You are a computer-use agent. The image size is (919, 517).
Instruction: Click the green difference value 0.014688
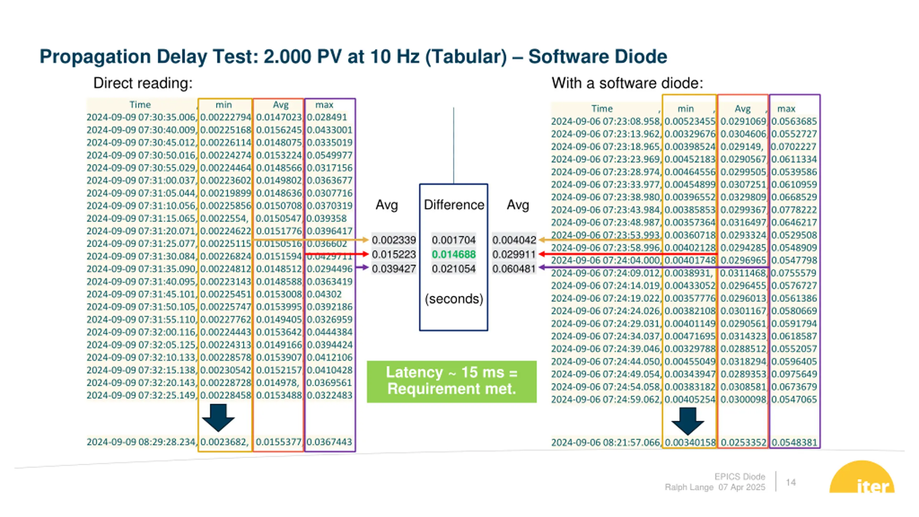tap(454, 255)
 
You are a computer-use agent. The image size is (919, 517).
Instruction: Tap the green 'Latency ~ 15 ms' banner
tap(452, 382)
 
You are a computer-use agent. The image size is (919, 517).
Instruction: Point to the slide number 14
tap(791, 482)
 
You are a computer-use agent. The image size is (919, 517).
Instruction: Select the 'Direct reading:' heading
tap(143, 83)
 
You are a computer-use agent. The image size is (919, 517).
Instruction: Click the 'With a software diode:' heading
tap(627, 83)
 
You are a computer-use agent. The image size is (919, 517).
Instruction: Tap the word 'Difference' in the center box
tap(454, 205)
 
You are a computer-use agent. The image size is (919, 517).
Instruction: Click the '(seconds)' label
tap(454, 299)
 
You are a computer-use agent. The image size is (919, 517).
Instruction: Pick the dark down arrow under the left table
tap(218, 418)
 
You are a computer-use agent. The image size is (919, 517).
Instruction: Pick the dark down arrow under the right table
tap(688, 421)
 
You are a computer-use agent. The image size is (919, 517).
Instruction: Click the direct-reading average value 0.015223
tap(394, 255)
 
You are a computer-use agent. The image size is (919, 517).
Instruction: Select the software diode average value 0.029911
tap(514, 255)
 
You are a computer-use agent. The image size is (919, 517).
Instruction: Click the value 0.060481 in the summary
tap(514, 269)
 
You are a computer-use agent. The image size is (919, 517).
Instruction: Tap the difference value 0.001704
tap(454, 240)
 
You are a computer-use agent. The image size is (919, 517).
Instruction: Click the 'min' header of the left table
tap(224, 105)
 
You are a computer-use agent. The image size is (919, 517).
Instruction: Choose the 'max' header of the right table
tap(786, 109)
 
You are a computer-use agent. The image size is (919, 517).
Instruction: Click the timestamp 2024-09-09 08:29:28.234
tap(141, 442)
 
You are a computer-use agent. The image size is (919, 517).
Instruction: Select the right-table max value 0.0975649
tap(794, 374)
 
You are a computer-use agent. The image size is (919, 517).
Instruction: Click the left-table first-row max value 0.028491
tap(327, 117)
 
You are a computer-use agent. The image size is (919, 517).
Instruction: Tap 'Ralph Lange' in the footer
tap(689, 487)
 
